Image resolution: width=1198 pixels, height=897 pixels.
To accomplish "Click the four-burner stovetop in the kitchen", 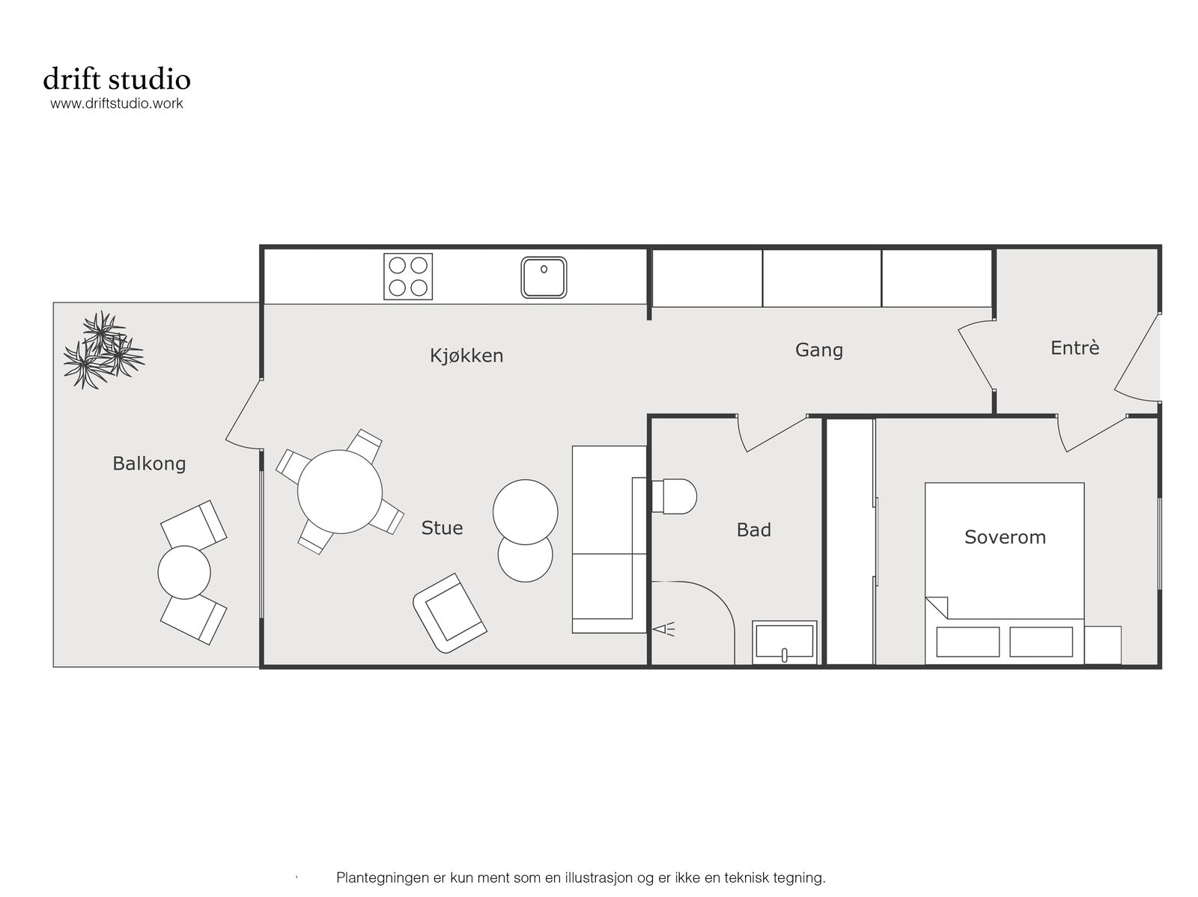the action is pos(408,276).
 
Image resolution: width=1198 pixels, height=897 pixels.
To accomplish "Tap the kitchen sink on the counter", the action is pos(544,277).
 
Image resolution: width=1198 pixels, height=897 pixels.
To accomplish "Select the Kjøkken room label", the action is pos(466,356).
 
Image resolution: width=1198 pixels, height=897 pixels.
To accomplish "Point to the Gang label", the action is pos(818,350).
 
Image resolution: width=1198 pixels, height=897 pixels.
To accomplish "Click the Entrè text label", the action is pos(1074,347).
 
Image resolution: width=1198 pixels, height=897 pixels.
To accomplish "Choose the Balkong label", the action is pos(149,463).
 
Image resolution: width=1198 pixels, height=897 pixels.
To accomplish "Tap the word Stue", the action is pos(442,528).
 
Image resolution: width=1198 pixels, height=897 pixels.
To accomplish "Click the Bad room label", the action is pos(754,530).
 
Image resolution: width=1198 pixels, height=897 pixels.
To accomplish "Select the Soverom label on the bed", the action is pos(1005,537).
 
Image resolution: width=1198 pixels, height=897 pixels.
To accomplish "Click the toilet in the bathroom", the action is pos(674,496).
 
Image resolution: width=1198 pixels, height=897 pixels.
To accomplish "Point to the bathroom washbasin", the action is pos(784,642).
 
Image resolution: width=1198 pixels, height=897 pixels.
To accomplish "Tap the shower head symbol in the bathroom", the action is pos(663,629).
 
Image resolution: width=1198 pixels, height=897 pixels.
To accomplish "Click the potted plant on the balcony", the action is pos(103,350).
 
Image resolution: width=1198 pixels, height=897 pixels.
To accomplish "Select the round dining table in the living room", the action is pos(339,492).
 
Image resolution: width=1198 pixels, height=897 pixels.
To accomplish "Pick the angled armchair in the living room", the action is pos(450,612).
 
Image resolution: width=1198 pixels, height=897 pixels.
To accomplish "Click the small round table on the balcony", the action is pos(184,572).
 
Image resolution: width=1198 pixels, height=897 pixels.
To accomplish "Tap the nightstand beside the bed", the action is pos(1102,645).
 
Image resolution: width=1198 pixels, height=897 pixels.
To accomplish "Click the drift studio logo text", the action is pos(117,79).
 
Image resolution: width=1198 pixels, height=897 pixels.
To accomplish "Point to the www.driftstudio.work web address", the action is pos(117,103).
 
